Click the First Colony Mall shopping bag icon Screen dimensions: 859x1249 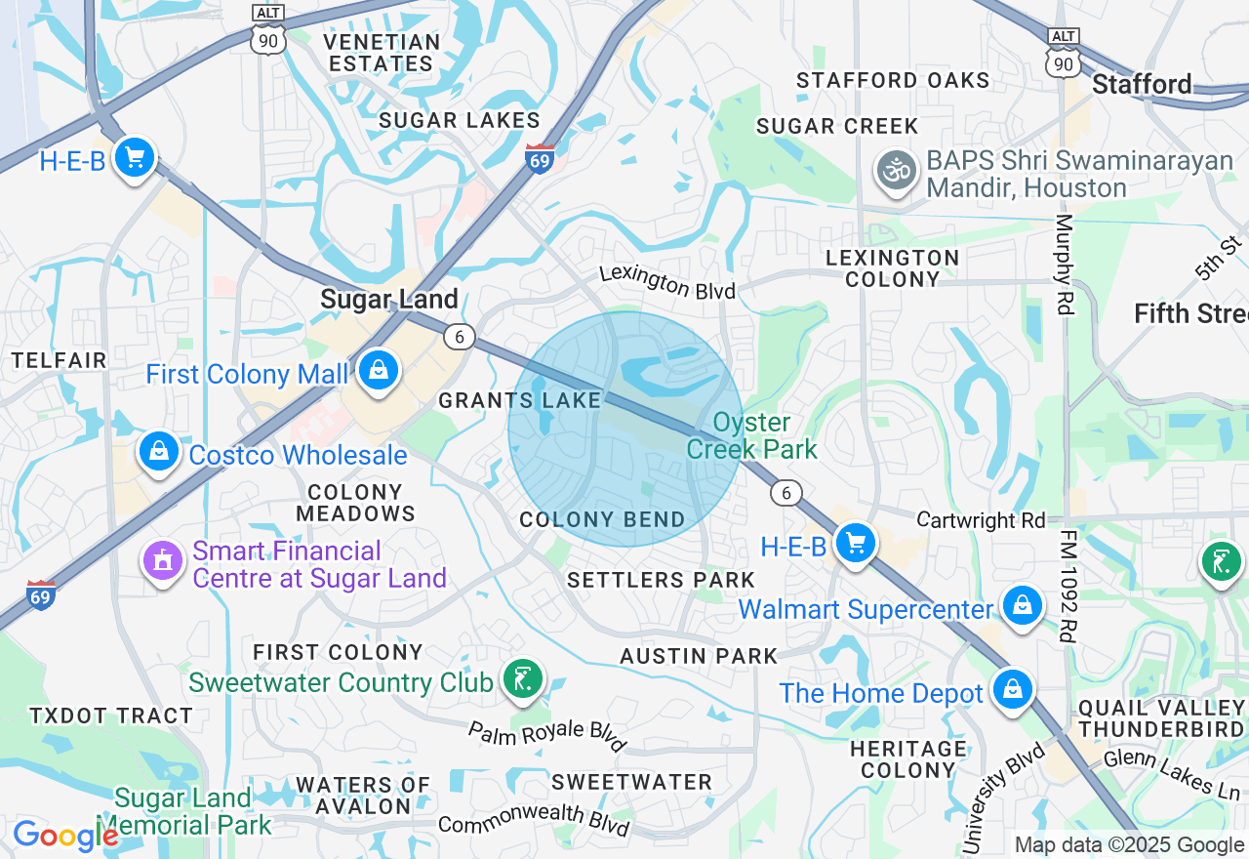tap(378, 371)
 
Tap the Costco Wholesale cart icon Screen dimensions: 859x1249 tap(158, 452)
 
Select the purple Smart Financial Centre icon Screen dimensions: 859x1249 tap(162, 561)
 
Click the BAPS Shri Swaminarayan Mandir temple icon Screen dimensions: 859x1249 tap(895, 171)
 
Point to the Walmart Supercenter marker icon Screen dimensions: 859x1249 tap(1021, 606)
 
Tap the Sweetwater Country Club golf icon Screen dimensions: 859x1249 tap(523, 678)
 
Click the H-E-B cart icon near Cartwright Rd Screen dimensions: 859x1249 tap(856, 543)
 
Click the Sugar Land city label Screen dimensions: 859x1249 tap(389, 299)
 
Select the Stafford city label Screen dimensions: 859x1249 tap(1142, 84)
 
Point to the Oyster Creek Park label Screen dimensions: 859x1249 tap(751, 435)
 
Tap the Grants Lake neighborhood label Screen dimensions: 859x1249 tap(519, 400)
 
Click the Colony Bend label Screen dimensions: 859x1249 tap(602, 519)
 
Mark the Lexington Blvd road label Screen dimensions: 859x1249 tap(667, 282)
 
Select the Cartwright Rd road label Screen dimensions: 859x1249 tap(981, 519)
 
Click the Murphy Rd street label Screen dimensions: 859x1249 tap(1064, 264)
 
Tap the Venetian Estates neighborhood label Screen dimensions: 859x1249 tap(382, 53)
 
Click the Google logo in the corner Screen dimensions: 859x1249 tap(64, 836)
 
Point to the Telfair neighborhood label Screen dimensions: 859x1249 tap(59, 360)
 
